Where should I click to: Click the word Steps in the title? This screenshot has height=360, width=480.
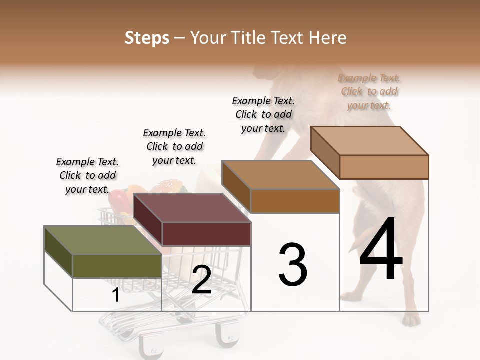(x=147, y=38)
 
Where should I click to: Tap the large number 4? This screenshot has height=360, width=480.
(x=381, y=250)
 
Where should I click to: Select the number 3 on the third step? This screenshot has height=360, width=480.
(x=293, y=265)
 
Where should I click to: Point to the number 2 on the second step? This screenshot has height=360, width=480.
(x=201, y=280)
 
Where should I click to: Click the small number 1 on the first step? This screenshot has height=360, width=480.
(x=115, y=295)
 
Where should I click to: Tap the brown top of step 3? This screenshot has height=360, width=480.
(x=280, y=175)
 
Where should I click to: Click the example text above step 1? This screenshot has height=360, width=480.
(x=87, y=175)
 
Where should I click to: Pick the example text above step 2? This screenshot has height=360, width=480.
(x=174, y=146)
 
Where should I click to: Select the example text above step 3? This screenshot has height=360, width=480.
(x=263, y=114)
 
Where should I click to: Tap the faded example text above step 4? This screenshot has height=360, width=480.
(x=369, y=91)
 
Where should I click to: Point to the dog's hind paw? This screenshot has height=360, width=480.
(x=411, y=318)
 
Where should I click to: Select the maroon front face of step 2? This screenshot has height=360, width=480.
(x=206, y=234)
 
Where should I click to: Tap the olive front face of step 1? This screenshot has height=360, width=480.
(x=117, y=266)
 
